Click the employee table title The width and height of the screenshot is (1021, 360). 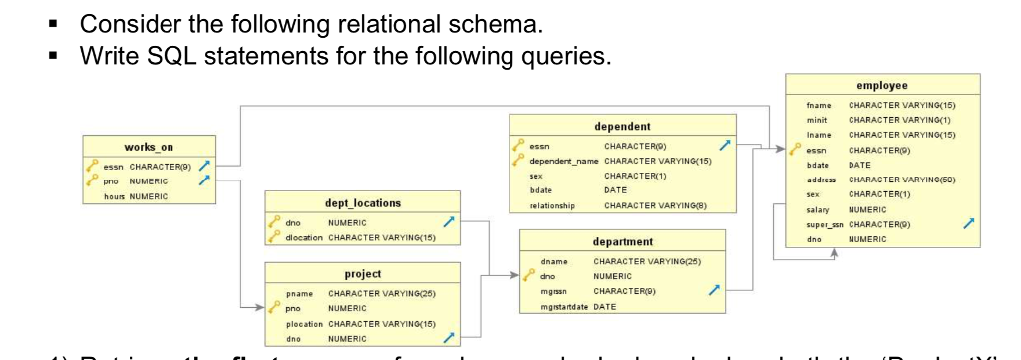point(882,87)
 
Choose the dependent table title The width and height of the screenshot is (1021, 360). point(622,127)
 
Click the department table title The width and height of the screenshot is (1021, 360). point(622,241)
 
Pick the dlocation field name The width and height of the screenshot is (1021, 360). point(306,237)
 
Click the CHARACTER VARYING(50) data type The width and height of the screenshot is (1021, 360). point(904,180)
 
